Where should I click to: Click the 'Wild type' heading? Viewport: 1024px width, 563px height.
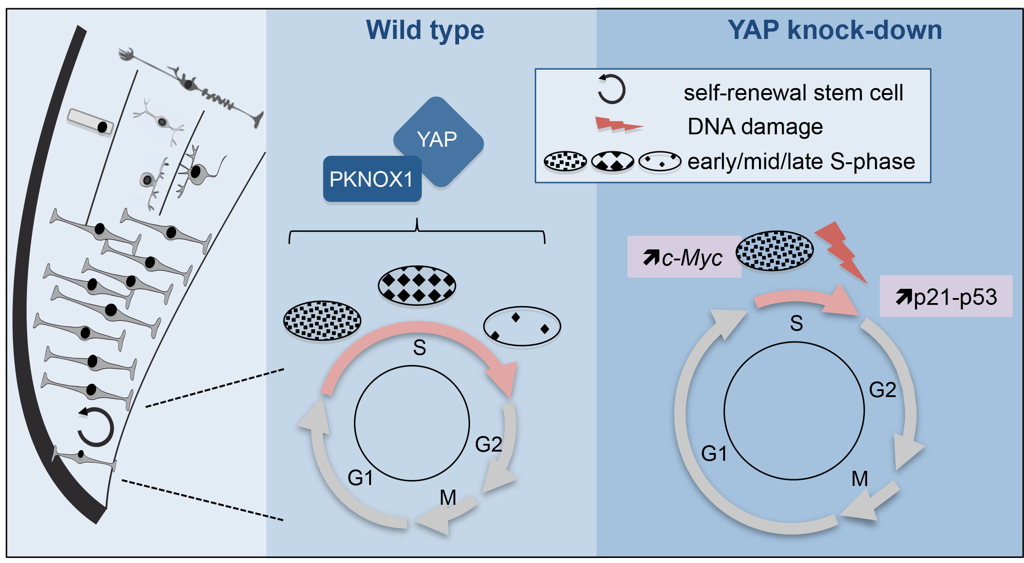[x=425, y=30]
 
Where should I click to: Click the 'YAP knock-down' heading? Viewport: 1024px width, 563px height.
[x=835, y=30]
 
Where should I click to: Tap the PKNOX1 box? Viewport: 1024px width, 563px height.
[x=372, y=179]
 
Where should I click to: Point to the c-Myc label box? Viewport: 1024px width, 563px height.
[x=684, y=257]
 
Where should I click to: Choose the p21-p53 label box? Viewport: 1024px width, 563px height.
[x=946, y=297]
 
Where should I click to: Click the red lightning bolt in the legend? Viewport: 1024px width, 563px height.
[x=618, y=125]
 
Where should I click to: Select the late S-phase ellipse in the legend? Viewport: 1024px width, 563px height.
[x=660, y=161]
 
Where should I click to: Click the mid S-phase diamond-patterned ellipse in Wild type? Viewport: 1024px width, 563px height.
[x=417, y=285]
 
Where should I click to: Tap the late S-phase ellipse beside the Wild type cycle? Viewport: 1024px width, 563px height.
[x=522, y=326]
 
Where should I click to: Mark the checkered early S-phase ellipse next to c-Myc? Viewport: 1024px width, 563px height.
[x=775, y=250]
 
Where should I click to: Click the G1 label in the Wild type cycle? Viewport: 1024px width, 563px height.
[x=360, y=478]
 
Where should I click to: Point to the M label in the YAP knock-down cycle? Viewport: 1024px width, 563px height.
[x=860, y=479]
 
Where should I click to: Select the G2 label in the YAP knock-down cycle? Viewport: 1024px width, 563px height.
[x=883, y=390]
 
